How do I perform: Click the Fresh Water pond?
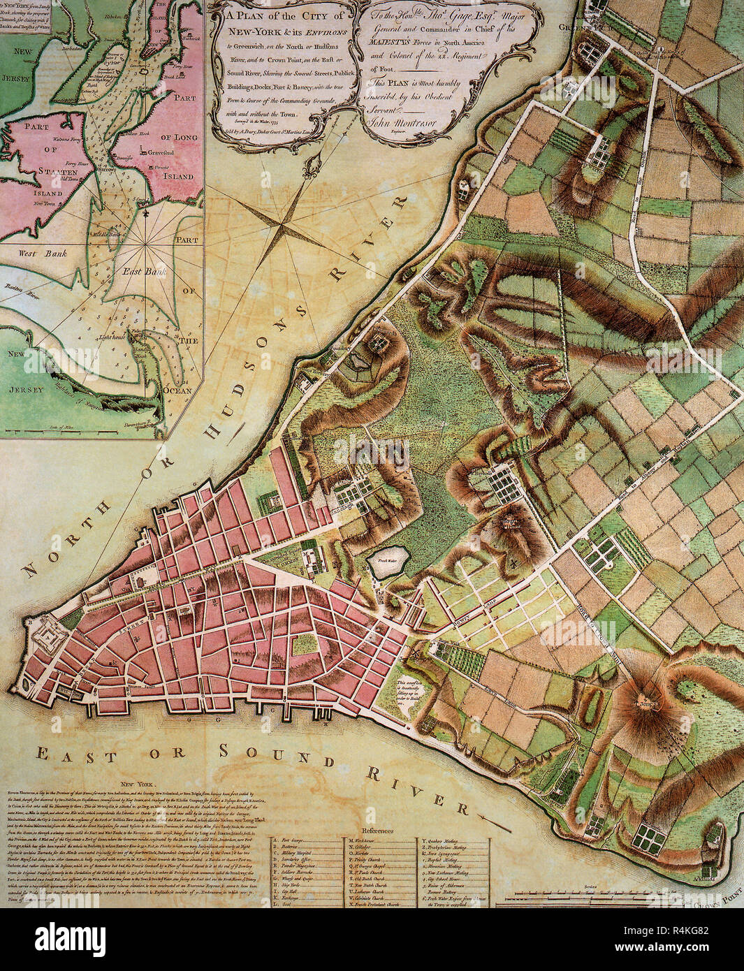point(384,564)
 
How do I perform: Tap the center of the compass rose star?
point(282,224)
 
